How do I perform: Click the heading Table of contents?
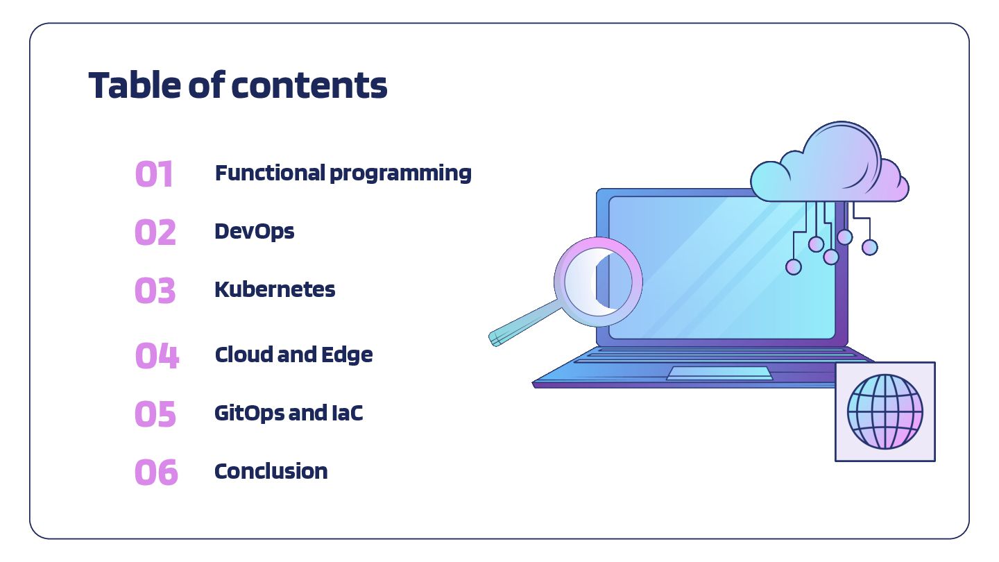coord(237,86)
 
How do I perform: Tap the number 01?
coord(154,174)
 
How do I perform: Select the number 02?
coord(155,232)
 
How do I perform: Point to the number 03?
coord(155,291)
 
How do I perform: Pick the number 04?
coord(157,356)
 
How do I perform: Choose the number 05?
coord(155,414)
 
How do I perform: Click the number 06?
coord(156,472)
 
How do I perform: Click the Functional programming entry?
coord(343,173)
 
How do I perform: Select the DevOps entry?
coord(255,231)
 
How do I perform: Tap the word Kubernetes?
coord(275,289)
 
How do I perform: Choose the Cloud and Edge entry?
coord(293,355)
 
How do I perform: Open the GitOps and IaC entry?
coord(289,413)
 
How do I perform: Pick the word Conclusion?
coord(271,471)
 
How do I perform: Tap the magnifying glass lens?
coord(599,281)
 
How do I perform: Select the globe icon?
coord(885,411)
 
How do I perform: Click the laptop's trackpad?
coord(719,373)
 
